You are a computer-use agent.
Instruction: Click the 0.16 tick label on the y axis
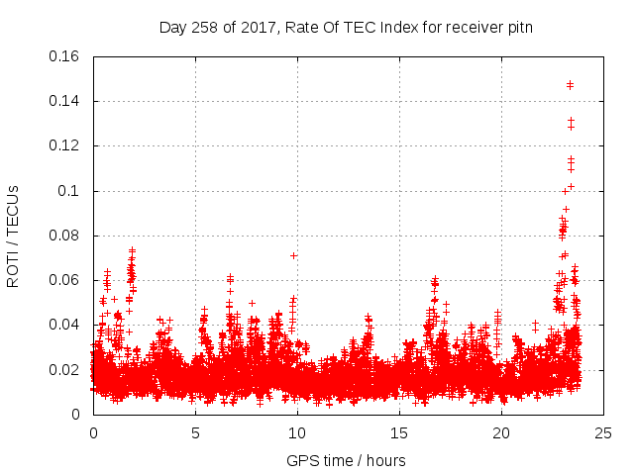65,56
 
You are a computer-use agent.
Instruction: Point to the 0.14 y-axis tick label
65,101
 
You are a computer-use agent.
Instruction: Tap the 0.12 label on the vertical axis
65,145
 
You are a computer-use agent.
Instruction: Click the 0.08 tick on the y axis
65,236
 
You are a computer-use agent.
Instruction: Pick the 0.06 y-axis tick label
65,280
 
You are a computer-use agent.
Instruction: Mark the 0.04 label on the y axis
65,325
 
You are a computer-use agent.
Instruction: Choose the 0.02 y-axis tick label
65,370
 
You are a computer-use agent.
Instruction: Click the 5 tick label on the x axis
195,432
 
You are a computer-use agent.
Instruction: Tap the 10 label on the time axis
297,432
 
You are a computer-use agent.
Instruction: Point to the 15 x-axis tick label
399,432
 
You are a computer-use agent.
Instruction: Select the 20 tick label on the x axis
501,432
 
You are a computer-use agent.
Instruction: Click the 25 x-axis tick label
603,432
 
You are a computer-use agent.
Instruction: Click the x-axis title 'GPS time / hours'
346,460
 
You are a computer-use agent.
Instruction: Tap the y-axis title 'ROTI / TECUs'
14,236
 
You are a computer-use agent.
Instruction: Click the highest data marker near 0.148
570,84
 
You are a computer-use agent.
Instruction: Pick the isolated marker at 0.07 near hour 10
294,255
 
